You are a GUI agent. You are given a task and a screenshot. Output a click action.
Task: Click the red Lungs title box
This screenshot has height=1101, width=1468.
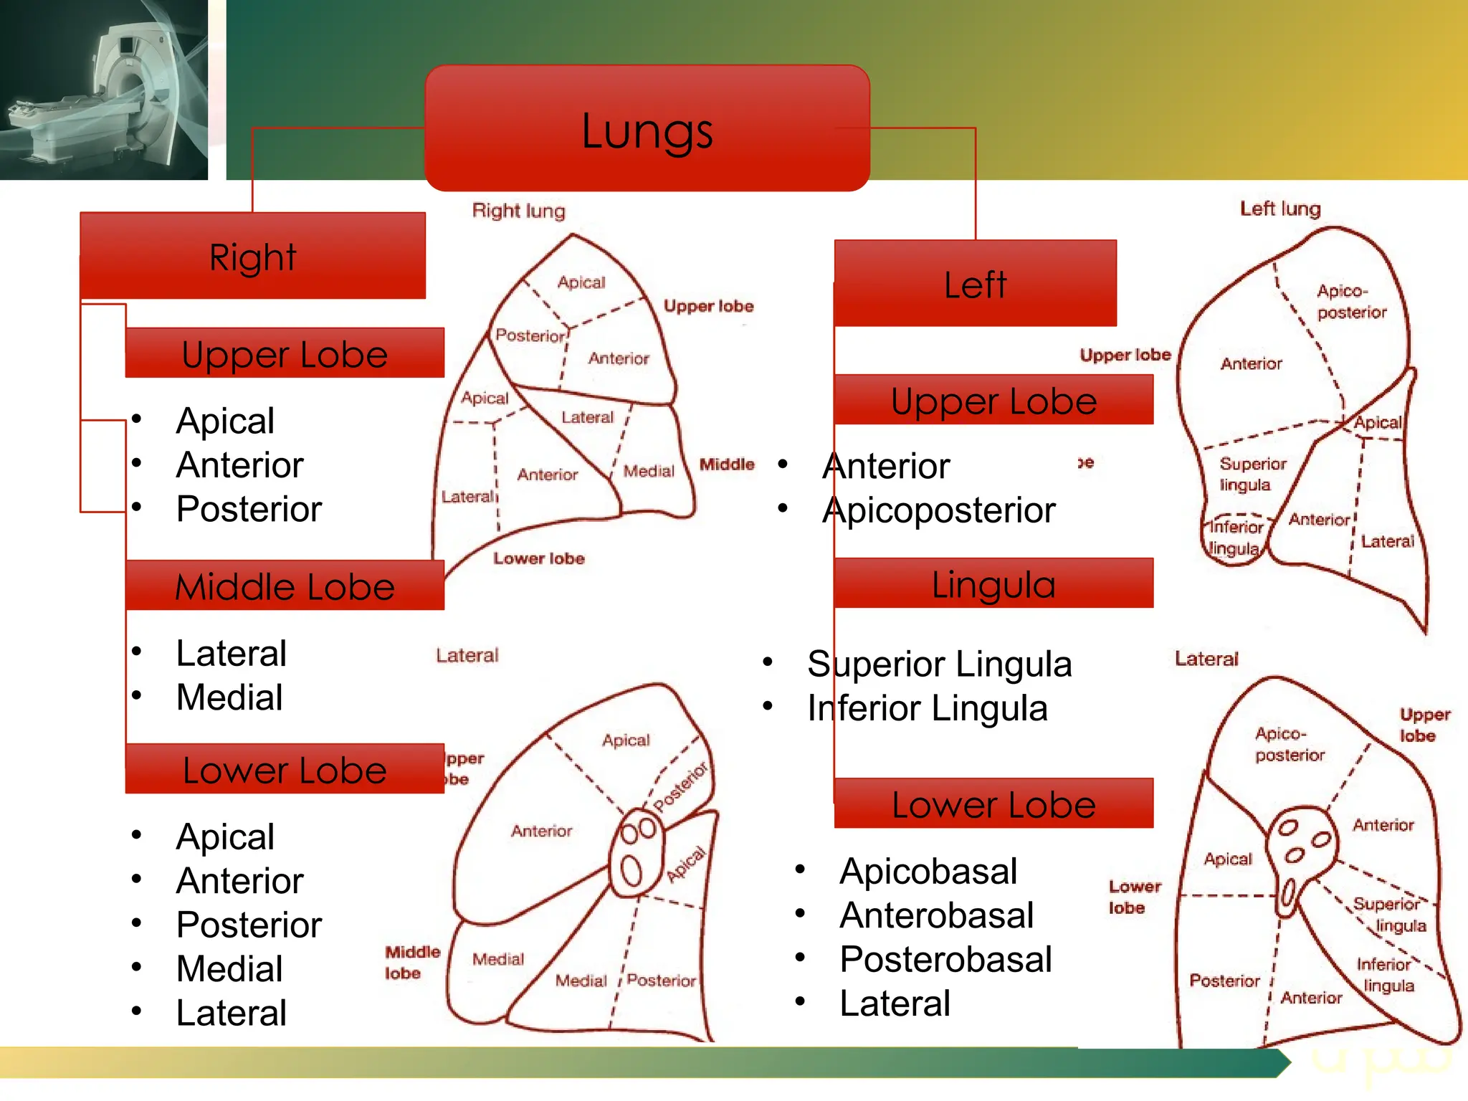click(647, 129)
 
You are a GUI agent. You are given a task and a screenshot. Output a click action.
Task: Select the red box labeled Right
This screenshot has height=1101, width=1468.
click(252, 256)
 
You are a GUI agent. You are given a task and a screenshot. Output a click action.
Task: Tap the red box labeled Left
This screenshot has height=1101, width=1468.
click(975, 284)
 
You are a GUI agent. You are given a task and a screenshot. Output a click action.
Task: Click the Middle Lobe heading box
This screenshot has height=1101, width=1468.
click(285, 586)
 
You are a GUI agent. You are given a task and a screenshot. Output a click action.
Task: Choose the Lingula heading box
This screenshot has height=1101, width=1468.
click(993, 583)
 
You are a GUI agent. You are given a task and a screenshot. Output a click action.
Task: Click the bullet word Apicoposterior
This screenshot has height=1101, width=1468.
click(938, 510)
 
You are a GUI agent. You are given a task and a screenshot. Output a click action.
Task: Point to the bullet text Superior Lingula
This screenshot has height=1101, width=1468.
click(939, 664)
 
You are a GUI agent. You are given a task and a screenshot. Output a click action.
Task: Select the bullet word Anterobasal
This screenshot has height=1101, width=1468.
click(936, 915)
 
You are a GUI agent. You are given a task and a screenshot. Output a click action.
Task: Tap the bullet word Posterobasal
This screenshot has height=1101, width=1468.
click(945, 959)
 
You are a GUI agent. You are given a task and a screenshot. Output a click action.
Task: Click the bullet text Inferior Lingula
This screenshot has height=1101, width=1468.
click(927, 708)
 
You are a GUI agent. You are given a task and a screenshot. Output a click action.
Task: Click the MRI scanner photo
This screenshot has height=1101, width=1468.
click(103, 89)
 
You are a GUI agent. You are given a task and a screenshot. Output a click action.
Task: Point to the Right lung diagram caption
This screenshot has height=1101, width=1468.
click(518, 211)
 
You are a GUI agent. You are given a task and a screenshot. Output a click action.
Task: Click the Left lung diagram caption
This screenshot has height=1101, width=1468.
click(1280, 209)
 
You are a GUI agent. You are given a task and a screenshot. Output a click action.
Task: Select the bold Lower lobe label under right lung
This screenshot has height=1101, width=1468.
click(538, 558)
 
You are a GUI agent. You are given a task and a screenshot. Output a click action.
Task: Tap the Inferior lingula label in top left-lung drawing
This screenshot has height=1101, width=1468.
click(1235, 538)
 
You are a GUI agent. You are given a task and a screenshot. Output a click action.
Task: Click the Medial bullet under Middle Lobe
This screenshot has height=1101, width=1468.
click(229, 697)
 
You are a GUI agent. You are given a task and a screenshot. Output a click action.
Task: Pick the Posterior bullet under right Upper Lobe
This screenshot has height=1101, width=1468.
click(249, 509)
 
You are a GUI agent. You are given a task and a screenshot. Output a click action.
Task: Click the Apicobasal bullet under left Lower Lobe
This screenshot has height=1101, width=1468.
click(928, 872)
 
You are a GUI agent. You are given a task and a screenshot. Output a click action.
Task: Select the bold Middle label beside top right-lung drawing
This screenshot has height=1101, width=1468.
click(727, 464)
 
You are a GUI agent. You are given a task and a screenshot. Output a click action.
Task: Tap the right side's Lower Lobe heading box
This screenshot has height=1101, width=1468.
click(285, 769)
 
